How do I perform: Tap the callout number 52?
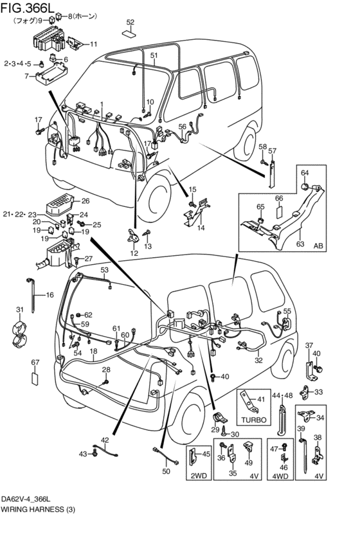[130, 22]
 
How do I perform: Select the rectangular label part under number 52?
[130, 33]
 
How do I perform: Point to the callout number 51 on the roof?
[154, 56]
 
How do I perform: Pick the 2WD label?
[197, 476]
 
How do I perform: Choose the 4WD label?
[280, 476]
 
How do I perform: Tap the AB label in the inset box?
[318, 245]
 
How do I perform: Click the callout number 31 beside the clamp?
[20, 310]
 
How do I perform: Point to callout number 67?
[35, 363]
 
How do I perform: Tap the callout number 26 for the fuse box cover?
[85, 201]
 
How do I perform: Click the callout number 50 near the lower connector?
[167, 472]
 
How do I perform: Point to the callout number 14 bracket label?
[201, 228]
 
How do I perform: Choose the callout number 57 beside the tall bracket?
[273, 151]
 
